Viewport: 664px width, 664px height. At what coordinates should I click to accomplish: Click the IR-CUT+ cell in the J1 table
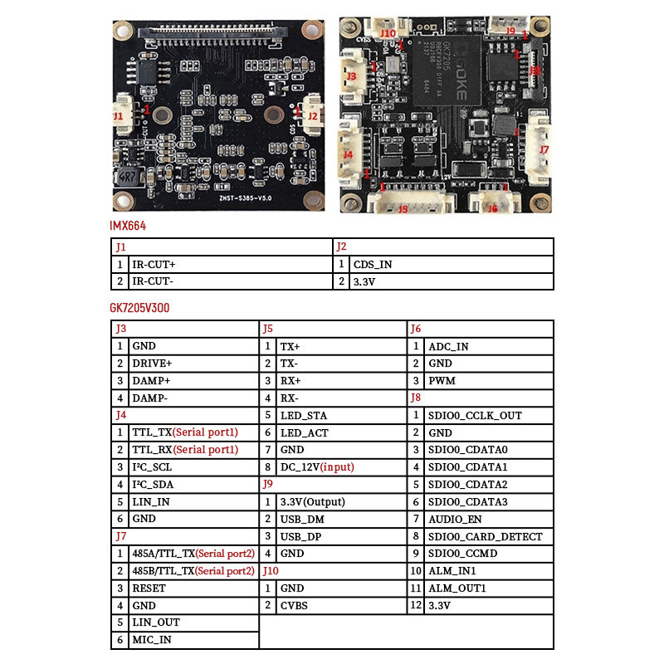[x=154, y=265]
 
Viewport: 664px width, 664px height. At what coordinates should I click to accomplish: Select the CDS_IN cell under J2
[x=373, y=265]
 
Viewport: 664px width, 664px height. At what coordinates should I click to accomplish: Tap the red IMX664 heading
[x=128, y=226]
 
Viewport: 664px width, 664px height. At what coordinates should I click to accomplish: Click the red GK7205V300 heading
[x=140, y=308]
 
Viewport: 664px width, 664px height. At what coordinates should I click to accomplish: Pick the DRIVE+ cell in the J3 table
[x=152, y=364]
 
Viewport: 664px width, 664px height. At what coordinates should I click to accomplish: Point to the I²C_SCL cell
[x=152, y=467]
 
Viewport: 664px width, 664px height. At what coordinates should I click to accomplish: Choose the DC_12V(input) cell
[x=317, y=467]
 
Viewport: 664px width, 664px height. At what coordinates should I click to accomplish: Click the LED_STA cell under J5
[x=304, y=415]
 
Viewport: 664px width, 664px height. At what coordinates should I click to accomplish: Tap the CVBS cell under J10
[x=294, y=606]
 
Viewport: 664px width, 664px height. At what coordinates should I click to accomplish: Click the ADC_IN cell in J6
[x=448, y=346]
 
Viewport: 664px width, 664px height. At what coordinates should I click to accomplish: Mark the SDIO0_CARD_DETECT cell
[x=486, y=537]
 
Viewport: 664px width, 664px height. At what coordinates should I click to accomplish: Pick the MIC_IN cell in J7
[x=152, y=640]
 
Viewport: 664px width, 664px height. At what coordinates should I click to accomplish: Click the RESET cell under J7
[x=149, y=588]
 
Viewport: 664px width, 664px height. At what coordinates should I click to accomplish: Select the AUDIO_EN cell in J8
[x=455, y=520]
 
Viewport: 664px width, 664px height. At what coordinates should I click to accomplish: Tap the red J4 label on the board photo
[x=349, y=154]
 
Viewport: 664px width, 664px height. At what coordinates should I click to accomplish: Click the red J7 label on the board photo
[x=544, y=149]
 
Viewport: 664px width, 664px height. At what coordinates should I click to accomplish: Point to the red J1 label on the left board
[x=118, y=117]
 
